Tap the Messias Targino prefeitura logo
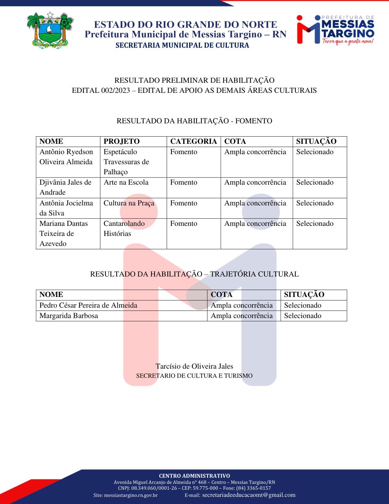click(336, 30)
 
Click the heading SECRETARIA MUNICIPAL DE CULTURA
click(182, 45)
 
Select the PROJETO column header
click(122, 141)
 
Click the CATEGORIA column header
click(194, 141)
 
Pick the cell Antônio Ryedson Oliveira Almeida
click(66, 157)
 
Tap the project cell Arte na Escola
click(126, 182)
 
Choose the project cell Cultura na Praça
click(129, 203)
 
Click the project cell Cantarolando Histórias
click(124, 228)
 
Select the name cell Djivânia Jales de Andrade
click(65, 187)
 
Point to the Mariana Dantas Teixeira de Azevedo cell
click(64, 233)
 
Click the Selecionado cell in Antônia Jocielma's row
click(315, 203)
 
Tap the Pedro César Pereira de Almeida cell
click(88, 305)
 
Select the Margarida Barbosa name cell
click(69, 316)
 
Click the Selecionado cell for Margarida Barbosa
click(303, 316)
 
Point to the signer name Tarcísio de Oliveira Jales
click(194, 366)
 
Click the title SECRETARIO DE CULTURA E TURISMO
click(194, 376)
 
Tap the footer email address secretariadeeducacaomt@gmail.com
click(249, 495)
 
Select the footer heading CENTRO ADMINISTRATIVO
click(194, 476)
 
